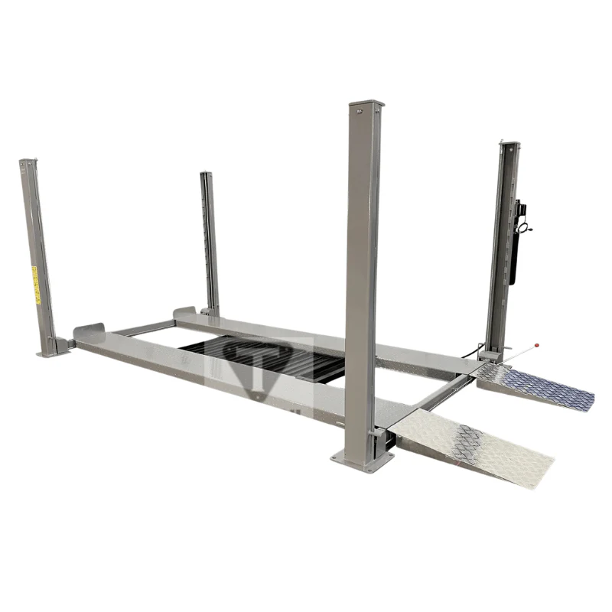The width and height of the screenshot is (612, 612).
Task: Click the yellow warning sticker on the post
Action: coord(34,284)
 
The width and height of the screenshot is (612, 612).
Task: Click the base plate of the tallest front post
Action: coord(361,460)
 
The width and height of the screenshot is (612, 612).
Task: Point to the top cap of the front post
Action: coord(366,106)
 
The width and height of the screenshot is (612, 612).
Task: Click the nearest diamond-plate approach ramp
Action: coord(476,444)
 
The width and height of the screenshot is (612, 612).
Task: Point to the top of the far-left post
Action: coord(28,162)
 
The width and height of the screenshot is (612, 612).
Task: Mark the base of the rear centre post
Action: coord(210,311)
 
